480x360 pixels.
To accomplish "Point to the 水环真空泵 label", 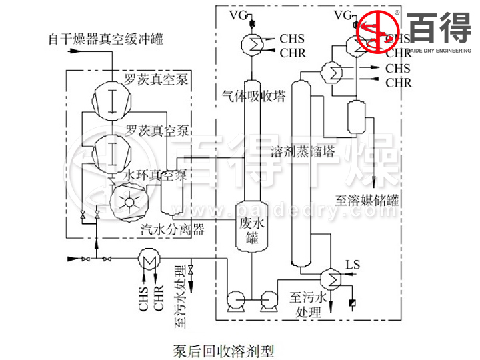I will click(x=155, y=175).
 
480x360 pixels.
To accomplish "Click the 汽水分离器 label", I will click(x=172, y=229).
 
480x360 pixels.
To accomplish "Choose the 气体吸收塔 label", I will click(x=253, y=96).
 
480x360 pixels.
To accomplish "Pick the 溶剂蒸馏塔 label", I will click(x=303, y=151).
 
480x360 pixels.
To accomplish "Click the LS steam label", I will click(x=353, y=265).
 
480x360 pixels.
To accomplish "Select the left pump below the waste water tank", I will click(x=235, y=301).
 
